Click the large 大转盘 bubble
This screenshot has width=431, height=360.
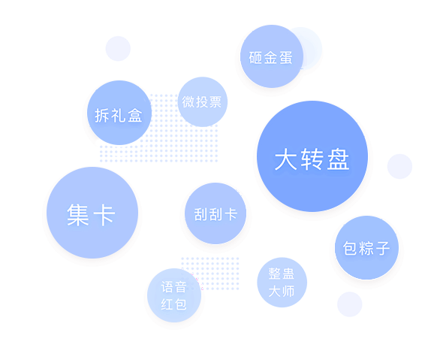312,156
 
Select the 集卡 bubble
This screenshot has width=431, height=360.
92,213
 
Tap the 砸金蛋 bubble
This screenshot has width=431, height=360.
272,56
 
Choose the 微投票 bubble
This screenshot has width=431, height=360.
203,101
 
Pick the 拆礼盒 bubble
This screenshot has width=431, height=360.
119,113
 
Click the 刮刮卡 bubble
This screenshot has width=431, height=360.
215,213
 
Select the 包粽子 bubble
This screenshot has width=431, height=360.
366,248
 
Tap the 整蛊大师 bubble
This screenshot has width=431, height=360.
282,283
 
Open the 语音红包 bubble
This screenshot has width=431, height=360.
174,295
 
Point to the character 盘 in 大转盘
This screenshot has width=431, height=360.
338,159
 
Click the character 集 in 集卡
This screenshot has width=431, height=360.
78,215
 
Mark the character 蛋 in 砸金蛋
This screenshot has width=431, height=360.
285,58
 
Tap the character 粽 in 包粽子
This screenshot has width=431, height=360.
366,248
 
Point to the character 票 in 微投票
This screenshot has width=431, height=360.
215,102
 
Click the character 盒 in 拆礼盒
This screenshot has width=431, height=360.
135,115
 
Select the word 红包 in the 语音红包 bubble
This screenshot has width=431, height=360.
173,304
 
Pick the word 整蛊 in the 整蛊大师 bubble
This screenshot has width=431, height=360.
282,274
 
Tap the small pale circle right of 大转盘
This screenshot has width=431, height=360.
399,166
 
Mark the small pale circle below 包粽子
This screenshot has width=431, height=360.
350,304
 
